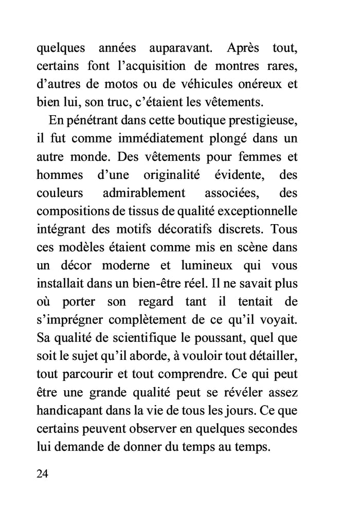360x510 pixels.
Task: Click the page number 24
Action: (x=43, y=473)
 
